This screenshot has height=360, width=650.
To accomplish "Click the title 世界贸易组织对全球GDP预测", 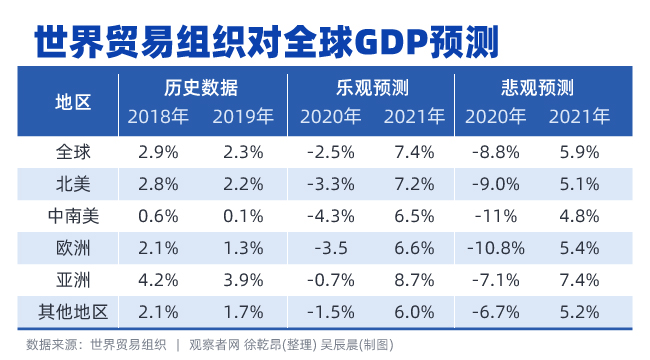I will pos(266,40).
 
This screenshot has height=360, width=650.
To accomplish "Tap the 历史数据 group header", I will pos(201,86).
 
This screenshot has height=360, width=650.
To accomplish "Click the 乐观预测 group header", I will pos(372,86).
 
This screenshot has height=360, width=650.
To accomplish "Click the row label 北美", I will pos(72,183).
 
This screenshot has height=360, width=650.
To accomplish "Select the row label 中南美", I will pos(72,215).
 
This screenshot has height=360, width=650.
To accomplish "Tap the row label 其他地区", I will pos(72,311).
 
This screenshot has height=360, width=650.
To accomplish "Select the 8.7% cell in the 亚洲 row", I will pos(414,279).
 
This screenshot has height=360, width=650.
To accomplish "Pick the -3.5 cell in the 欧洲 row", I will pos(330,247).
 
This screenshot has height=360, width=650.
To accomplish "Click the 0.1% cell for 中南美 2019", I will pos(243,215).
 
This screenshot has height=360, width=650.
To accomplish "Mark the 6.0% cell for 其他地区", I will pos(414,311).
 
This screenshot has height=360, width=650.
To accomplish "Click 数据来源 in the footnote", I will pos(53,344).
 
